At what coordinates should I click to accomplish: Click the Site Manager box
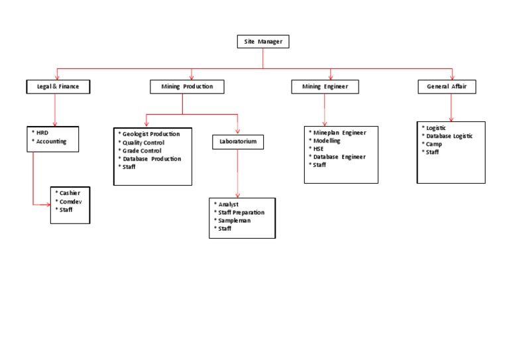263,42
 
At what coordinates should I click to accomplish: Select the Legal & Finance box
58,86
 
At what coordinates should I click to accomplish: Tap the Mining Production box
187,86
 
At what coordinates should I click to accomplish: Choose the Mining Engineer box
325,86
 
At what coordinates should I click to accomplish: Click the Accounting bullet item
50,141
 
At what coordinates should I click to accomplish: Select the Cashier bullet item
69,193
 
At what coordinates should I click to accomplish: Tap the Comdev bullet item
70,202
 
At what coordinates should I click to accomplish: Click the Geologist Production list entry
150,134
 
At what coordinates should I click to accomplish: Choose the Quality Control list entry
143,143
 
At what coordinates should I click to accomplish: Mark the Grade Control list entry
141,150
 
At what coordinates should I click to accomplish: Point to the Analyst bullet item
227,204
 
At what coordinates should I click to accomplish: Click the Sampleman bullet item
233,220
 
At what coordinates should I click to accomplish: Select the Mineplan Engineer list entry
339,133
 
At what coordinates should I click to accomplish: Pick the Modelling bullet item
326,141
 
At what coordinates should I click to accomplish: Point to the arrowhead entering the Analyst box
238,195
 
